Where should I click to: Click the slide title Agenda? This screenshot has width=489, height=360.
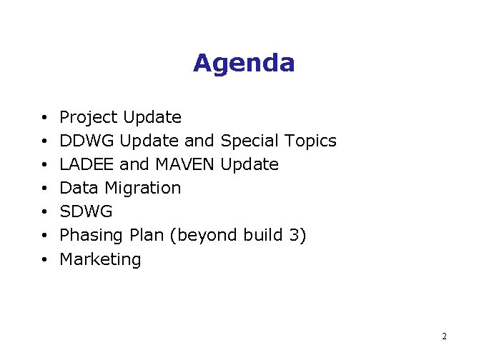(244, 64)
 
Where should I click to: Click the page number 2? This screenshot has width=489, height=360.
(444, 336)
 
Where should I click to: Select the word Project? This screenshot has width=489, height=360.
(89, 117)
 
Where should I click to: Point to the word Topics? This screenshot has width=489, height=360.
(310, 141)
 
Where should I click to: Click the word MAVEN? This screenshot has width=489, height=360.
(184, 164)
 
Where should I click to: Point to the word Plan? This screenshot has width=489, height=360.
(143, 235)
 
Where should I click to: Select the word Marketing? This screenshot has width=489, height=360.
(100, 259)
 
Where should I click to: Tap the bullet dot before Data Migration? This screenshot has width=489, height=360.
(44, 189)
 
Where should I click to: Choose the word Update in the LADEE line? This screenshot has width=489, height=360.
(250, 164)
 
